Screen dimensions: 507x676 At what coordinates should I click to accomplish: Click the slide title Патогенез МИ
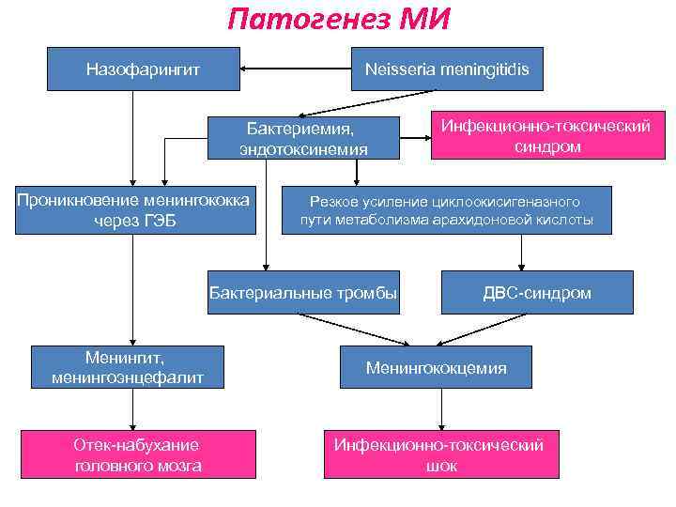339,19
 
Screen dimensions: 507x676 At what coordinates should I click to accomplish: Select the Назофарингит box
143,69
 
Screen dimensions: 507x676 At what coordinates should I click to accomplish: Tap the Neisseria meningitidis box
447,69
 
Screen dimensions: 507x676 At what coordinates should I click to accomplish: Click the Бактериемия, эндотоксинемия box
303,137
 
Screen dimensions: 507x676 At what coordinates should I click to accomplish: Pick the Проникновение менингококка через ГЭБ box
135,210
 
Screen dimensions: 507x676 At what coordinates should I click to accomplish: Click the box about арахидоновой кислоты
446,210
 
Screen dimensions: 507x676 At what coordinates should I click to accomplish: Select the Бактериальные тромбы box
302,293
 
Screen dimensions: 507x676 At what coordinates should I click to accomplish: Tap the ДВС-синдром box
536,293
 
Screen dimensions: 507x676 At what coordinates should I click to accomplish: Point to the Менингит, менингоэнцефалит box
129,367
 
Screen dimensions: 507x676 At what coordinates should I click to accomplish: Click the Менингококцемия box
436,367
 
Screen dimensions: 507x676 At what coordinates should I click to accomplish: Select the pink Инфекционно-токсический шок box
439,454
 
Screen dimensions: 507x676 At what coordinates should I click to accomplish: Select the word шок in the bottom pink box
439,466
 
